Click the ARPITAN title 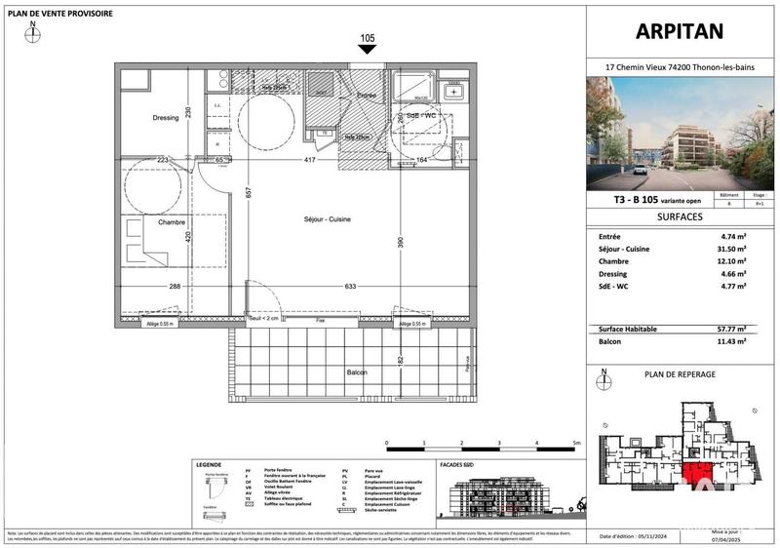pos(682,31)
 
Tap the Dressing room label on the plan pos(166,118)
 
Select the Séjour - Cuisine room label pos(327,219)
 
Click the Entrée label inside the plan pos(366,96)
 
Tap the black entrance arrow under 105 pos(367,52)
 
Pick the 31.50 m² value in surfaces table pos(732,249)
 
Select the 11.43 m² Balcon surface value pos(732,342)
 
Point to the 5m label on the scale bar pos(576,443)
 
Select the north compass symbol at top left pos(34,31)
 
